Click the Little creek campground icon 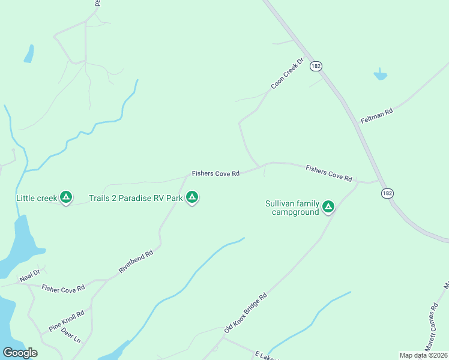[67, 197]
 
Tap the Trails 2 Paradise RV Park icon [192, 197]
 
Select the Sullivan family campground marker [328, 206]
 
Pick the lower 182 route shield [387, 193]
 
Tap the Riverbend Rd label [136, 262]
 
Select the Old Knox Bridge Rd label [245, 313]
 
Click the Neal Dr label [29, 275]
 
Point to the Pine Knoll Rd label [66, 321]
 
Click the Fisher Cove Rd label [63, 288]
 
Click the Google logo [20, 353]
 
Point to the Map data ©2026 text [423, 355]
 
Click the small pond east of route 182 [380, 76]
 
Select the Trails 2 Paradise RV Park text [136, 197]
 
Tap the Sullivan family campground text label [292, 208]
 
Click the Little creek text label [36, 197]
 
